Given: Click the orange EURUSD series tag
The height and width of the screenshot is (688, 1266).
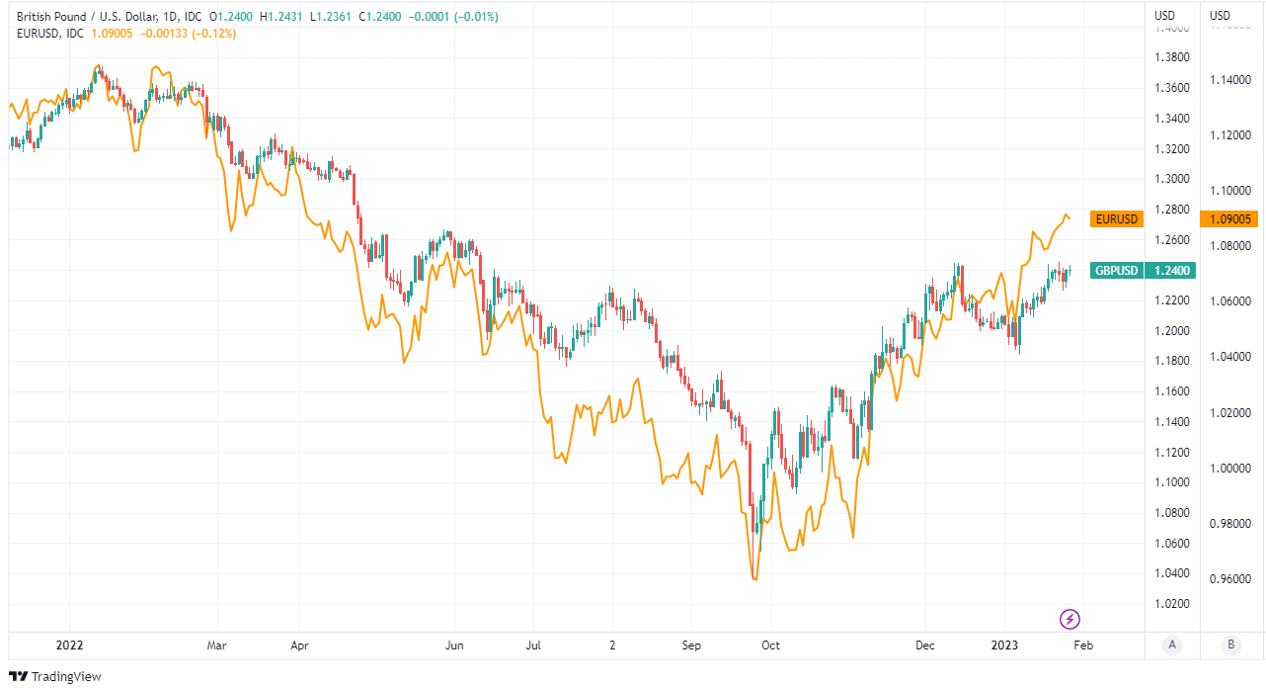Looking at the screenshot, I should click(x=1116, y=218).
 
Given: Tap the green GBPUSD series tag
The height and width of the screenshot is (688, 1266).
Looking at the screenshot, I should click(x=1116, y=270).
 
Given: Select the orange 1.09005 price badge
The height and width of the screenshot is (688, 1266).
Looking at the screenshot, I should click(x=1227, y=218).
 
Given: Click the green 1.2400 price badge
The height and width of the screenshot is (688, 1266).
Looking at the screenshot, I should click(x=1169, y=270).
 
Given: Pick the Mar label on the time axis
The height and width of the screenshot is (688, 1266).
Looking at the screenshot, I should click(x=216, y=645).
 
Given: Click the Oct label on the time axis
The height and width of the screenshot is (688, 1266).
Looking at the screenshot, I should click(x=770, y=645).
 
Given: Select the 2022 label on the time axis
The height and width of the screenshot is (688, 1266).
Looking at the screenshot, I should click(x=70, y=645).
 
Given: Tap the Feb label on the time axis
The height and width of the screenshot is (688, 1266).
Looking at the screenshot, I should click(x=1083, y=645).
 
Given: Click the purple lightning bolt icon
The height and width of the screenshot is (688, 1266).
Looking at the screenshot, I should click(x=1069, y=620).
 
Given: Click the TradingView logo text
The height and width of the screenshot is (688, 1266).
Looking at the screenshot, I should click(x=66, y=677).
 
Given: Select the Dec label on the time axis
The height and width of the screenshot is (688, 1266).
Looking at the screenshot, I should click(x=925, y=645).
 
